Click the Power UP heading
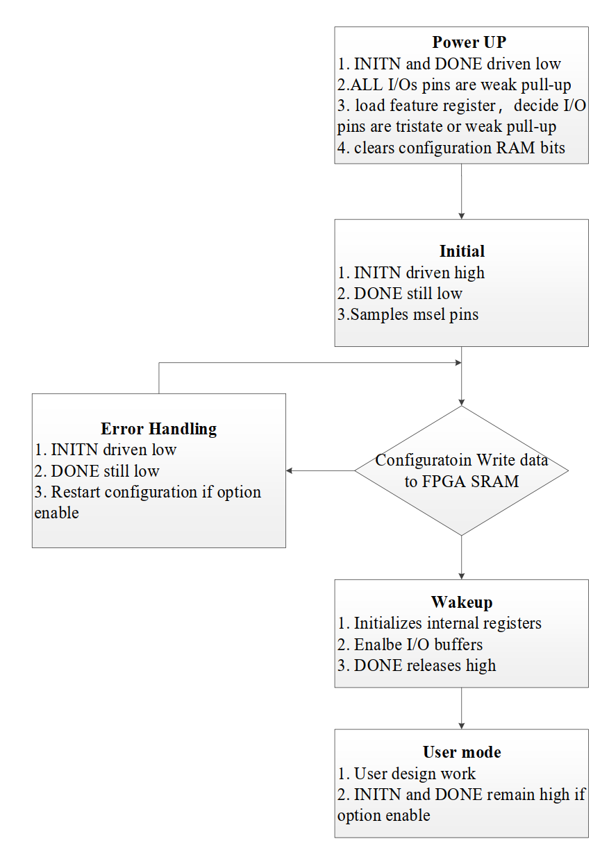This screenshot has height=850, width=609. (x=469, y=42)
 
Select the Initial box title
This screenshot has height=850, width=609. (x=462, y=250)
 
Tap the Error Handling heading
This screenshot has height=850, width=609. (x=159, y=429)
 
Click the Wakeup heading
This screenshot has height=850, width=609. (x=462, y=602)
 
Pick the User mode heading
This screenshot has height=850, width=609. (x=462, y=751)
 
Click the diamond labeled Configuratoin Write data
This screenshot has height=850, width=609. (x=461, y=470)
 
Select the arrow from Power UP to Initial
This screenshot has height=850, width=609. (x=461, y=192)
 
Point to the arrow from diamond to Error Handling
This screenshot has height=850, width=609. (x=320, y=470)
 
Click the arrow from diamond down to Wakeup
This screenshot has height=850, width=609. (x=461, y=557)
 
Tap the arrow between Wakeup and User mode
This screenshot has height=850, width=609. (x=461, y=708)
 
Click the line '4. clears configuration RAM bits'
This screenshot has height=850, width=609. (x=451, y=148)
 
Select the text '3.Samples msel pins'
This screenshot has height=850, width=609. (x=408, y=314)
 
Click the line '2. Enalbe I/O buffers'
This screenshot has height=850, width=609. (x=410, y=645)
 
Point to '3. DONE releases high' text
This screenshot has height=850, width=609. (x=417, y=665)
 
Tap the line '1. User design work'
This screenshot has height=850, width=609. (x=406, y=774)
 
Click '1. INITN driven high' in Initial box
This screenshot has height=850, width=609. (x=411, y=273)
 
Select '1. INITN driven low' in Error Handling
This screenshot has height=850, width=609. (x=105, y=450)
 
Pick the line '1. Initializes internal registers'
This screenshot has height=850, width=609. (x=440, y=624)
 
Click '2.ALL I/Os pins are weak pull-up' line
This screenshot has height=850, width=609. (x=454, y=85)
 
